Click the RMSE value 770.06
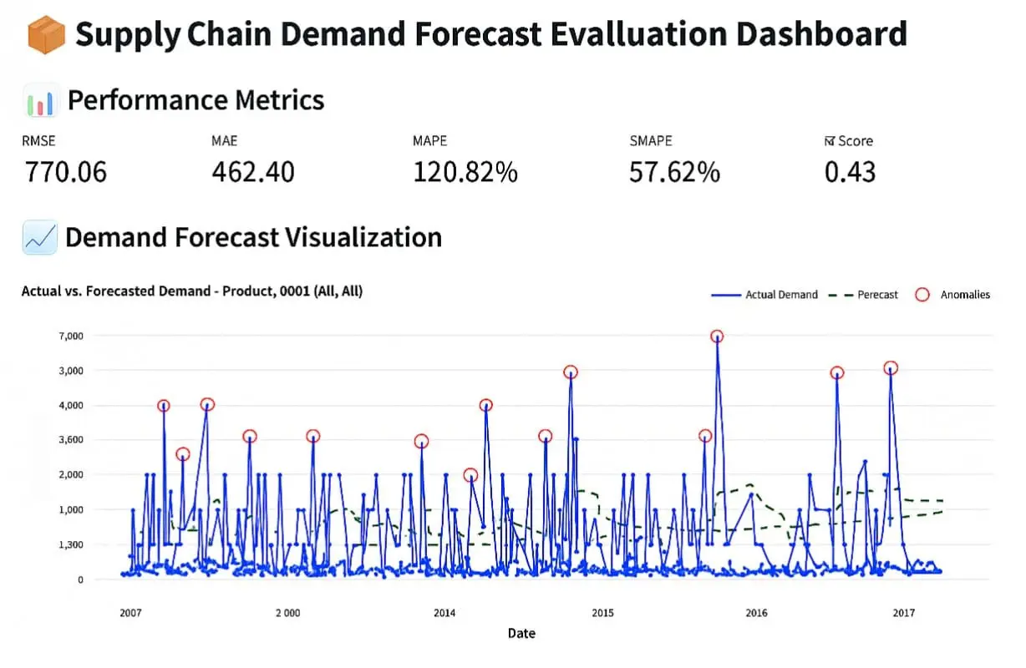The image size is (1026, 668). (65, 171)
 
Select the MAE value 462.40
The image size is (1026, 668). (252, 171)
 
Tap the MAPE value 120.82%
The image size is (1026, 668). (465, 171)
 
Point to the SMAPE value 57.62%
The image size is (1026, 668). (674, 171)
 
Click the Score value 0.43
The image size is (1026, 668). (850, 171)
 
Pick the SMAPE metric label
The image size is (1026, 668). (651, 141)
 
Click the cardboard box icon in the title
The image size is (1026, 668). (45, 35)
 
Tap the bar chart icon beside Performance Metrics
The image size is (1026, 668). (40, 101)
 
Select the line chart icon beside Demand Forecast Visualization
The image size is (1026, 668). (40, 238)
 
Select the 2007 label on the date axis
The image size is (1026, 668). (130, 613)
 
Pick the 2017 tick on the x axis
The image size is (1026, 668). (903, 613)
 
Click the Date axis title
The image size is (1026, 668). (521, 634)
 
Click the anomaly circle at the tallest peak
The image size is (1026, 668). (717, 337)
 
